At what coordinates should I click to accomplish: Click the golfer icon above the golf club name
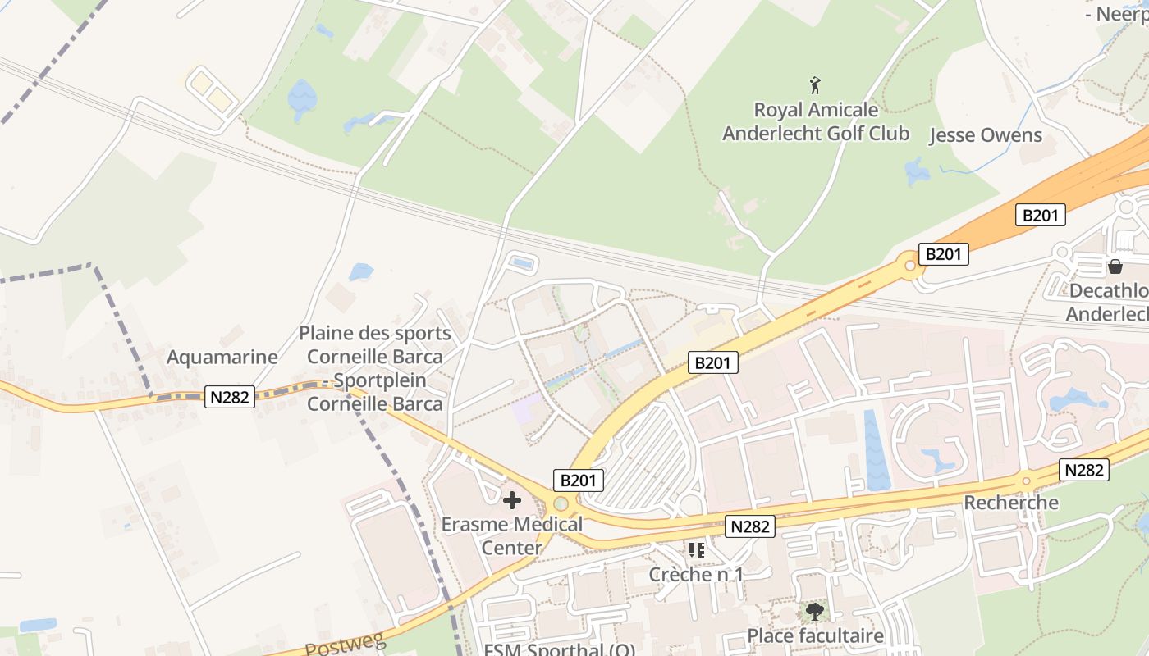[x=815, y=85]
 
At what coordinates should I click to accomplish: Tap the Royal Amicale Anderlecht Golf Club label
[x=815, y=121]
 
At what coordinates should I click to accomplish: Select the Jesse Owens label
[x=985, y=135]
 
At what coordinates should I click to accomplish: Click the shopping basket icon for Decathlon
[x=1115, y=266]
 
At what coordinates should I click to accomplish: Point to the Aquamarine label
[x=222, y=358]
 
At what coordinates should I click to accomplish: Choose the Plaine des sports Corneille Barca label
[x=375, y=368]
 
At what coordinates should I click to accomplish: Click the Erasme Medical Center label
[x=511, y=535]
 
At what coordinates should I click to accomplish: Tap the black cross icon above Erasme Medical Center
[x=512, y=499]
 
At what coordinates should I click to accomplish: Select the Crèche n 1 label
[x=696, y=574]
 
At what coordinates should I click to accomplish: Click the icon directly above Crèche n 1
[x=697, y=549]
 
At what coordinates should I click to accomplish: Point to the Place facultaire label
[x=815, y=635]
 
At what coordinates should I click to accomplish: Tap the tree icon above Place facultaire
[x=814, y=611]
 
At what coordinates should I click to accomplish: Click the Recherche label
[x=1011, y=502]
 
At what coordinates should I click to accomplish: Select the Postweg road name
[x=346, y=645]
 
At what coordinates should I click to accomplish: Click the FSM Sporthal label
[x=559, y=650]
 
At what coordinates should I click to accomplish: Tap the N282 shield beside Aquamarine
[x=231, y=397]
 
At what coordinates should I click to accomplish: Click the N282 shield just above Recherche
[x=1084, y=470]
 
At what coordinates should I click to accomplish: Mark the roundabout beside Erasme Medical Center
[x=561, y=503]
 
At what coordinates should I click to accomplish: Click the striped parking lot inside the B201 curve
[x=644, y=459]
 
